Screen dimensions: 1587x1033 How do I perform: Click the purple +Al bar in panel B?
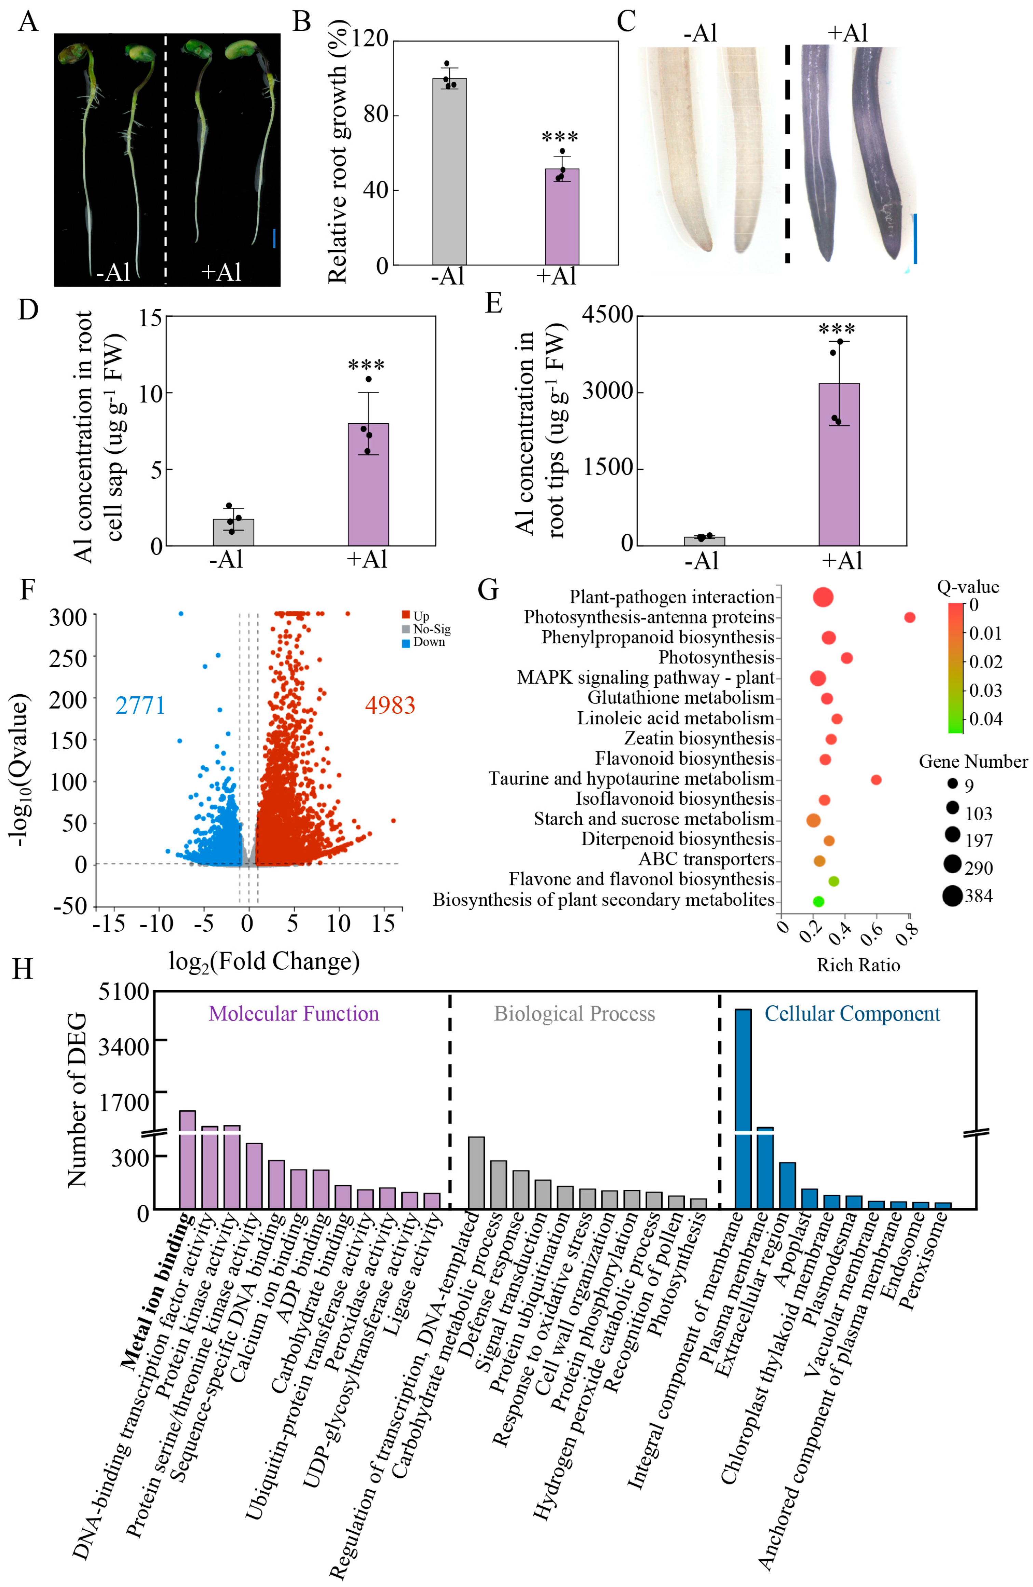point(561,217)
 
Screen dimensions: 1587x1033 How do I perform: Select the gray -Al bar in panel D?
point(233,532)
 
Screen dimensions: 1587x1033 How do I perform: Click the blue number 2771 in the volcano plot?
point(140,706)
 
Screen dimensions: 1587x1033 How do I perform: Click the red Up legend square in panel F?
point(406,615)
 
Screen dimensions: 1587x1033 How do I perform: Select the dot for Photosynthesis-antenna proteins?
point(909,617)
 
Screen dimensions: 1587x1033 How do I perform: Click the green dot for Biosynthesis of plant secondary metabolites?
point(818,901)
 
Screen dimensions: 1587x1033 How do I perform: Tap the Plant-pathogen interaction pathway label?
point(671,597)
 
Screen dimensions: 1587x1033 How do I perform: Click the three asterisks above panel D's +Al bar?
point(366,366)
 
